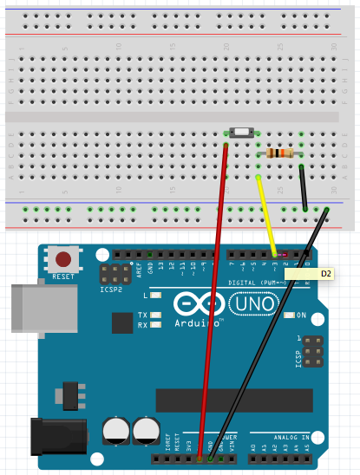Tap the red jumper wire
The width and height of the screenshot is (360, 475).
coord(217,286)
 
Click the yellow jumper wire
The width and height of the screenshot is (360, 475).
coord(266,218)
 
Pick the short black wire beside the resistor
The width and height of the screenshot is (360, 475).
coord(303,185)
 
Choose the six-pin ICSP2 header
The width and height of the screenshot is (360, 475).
coord(111,275)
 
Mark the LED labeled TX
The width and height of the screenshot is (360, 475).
coord(155,315)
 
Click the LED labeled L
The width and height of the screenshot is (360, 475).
coord(155,296)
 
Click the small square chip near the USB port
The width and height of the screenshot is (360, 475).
coord(121,323)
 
